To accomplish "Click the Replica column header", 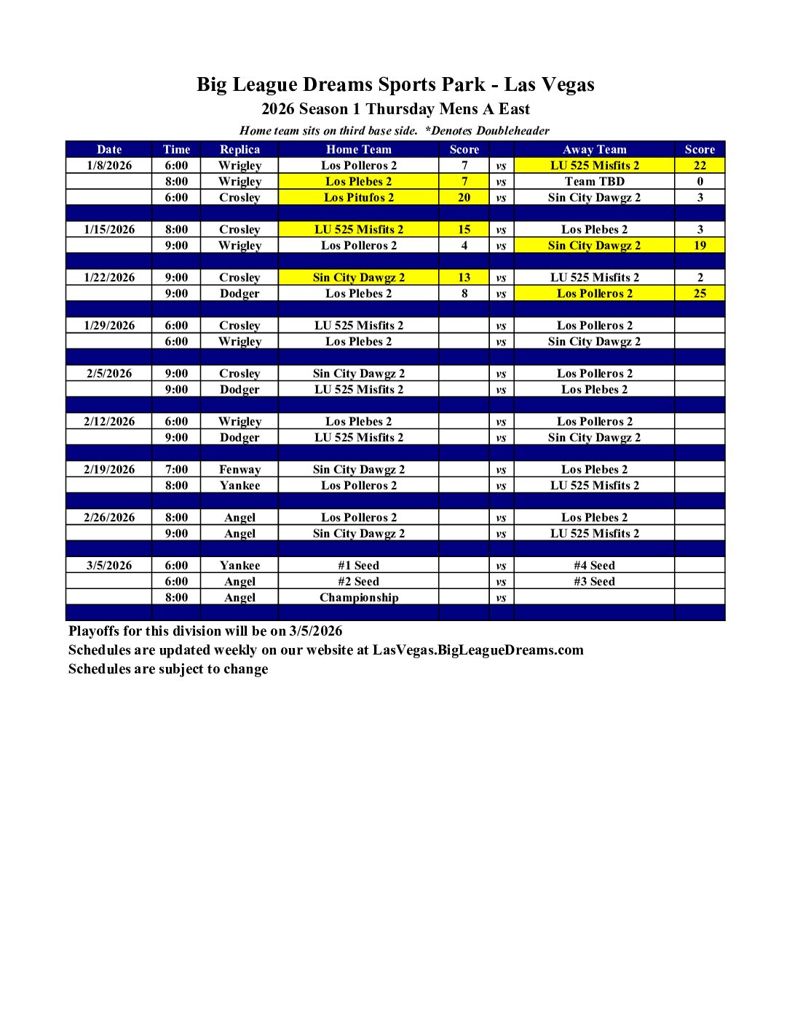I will (239, 149).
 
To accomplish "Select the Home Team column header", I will (358, 149).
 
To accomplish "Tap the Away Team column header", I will (594, 149).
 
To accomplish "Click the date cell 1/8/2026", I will (109, 165).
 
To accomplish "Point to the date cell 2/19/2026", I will (109, 469).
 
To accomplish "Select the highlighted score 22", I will (700, 165).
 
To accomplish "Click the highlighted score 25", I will (700, 293).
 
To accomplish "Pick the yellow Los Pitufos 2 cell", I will (358, 197).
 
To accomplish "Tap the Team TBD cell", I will (594, 181).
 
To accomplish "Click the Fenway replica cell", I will (239, 469).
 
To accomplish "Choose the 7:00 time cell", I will (176, 469).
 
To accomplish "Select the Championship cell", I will (358, 597).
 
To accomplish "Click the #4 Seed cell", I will (594, 565).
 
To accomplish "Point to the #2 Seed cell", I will (358, 581).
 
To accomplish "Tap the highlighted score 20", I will (464, 197).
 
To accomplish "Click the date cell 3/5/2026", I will (109, 565).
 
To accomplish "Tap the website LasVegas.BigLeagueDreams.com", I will (478, 649).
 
